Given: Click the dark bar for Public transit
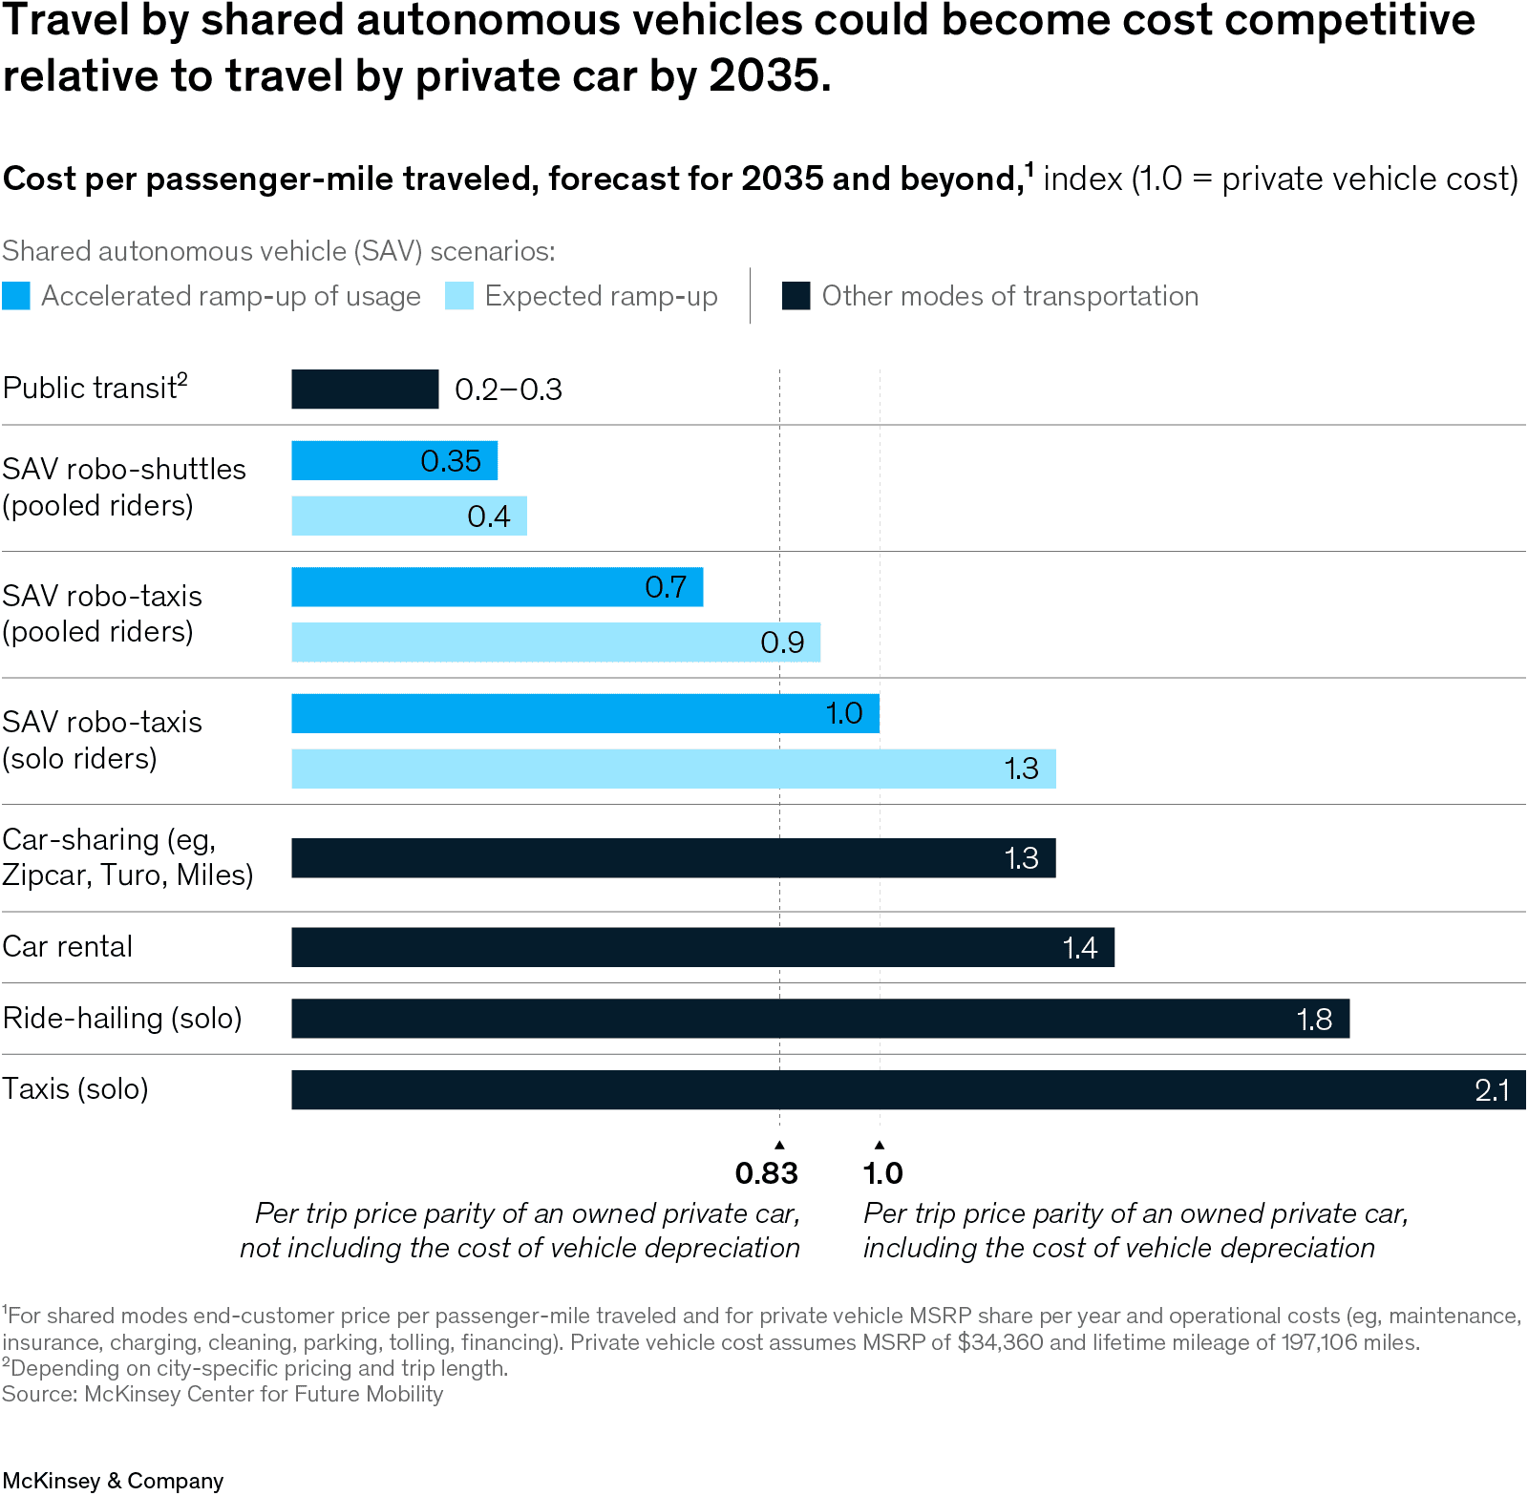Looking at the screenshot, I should click(x=365, y=390).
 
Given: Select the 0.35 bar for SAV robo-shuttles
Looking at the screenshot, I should click(x=394, y=461).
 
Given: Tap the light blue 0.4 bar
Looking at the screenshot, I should click(x=409, y=516).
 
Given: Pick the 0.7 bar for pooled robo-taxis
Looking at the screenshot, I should click(x=497, y=587).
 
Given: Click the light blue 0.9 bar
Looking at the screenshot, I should click(x=556, y=643).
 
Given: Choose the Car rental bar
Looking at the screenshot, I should click(x=702, y=948).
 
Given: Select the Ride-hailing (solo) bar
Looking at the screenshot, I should click(x=819, y=1019).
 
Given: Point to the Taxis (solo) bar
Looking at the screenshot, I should click(x=907, y=1090).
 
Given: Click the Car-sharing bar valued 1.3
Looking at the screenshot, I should click(x=673, y=858).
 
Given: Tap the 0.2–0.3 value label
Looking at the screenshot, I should click(x=508, y=390).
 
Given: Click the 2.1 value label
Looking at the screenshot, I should click(x=1492, y=1090).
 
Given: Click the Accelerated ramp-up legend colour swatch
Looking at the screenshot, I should click(x=16, y=296).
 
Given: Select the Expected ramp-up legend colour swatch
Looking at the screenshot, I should click(x=459, y=296).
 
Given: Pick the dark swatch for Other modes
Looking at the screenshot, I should click(x=796, y=296).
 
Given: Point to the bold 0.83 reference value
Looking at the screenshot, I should click(x=766, y=1173).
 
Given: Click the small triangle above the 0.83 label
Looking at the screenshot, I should click(x=779, y=1144).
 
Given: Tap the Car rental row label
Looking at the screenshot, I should click(x=68, y=947).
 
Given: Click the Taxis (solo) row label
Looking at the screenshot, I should click(x=75, y=1089).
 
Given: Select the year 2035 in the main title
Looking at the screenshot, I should click(x=763, y=76).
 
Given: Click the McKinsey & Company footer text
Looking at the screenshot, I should click(x=113, y=1481).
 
